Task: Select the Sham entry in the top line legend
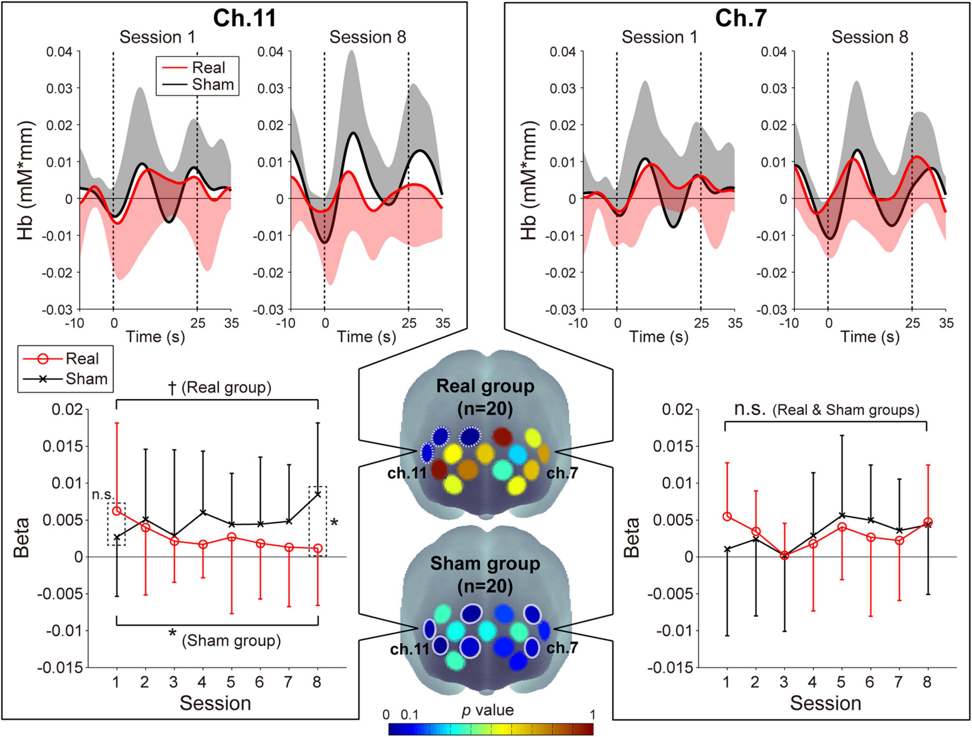(213, 84)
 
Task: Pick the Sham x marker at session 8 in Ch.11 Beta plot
(317, 494)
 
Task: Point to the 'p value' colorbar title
(488, 710)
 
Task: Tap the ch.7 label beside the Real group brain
(562, 473)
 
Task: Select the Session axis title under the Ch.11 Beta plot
(215, 703)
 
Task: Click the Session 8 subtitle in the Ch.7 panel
(870, 37)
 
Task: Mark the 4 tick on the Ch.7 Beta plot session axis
(812, 682)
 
